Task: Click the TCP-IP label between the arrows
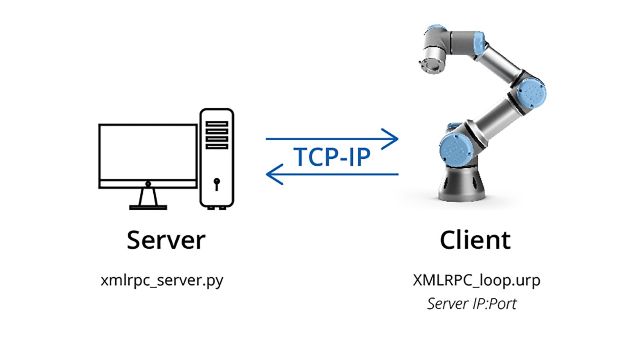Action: click(332, 157)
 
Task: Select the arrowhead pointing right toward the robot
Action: click(392, 138)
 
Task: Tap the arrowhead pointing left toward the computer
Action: click(273, 174)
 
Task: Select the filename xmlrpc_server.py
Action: click(162, 281)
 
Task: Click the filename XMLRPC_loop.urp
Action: click(476, 281)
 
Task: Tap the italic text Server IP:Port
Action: click(472, 304)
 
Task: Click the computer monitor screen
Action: click(148, 151)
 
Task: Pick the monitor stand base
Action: click(148, 207)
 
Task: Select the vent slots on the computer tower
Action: click(217, 135)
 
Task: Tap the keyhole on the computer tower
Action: click(217, 183)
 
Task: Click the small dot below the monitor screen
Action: click(148, 184)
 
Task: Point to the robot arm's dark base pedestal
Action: click(462, 186)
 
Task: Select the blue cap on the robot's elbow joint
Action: click(531, 93)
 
